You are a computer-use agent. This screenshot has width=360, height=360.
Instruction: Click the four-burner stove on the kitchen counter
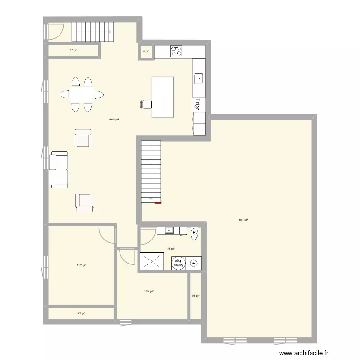point(177,50)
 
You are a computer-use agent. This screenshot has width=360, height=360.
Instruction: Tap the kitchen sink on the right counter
point(199,78)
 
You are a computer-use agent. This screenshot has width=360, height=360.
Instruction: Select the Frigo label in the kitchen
point(197,105)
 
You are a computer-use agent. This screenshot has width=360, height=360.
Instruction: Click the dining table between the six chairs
point(81,94)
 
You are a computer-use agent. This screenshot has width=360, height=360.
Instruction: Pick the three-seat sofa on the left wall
point(58,168)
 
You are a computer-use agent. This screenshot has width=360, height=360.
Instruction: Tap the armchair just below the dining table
point(83,138)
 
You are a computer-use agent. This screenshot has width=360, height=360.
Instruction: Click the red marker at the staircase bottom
point(158,203)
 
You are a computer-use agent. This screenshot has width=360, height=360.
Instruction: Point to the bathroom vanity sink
point(169,231)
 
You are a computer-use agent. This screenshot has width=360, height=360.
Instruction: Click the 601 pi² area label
point(243,220)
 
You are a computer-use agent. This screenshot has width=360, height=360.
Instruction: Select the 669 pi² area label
point(114,120)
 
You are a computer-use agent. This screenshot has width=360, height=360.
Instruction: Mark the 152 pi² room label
point(81,265)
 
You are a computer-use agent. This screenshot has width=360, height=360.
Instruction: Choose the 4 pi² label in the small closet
point(145,51)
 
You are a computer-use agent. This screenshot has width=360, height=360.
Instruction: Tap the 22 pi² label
point(81,313)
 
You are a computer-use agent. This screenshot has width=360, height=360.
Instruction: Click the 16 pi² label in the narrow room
point(195,296)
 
